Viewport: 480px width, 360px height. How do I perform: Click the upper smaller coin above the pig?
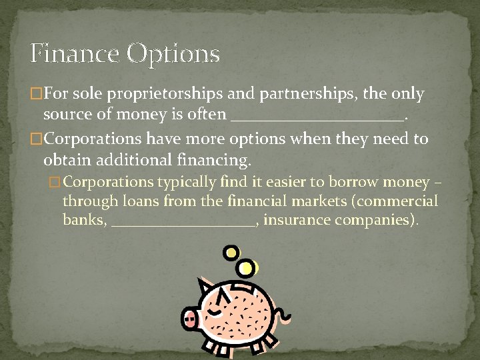tap(231, 253)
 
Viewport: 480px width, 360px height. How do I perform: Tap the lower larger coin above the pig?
tap(247, 268)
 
